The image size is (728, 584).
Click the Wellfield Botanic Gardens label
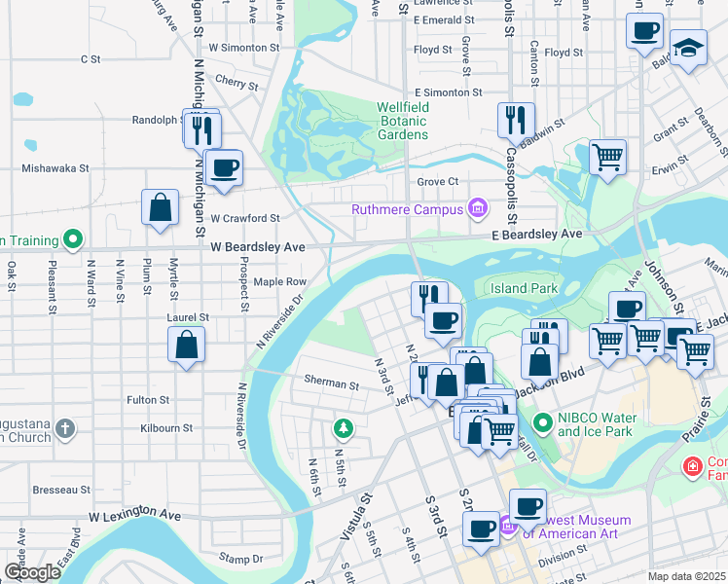coord(403,121)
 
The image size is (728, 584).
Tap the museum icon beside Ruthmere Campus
coord(477,208)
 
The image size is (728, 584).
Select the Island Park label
coord(523,288)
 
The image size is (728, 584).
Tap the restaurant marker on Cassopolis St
coord(516,121)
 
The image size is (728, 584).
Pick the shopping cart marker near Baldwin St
coord(607,156)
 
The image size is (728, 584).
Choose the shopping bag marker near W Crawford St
coord(160,207)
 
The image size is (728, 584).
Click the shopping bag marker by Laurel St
coord(186,345)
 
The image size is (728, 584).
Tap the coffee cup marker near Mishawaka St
coord(224,168)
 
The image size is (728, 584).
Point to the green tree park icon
coord(343,427)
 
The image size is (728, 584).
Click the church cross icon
coord(65,427)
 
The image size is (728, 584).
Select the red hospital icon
coord(692,467)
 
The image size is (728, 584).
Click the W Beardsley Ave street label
coord(258,248)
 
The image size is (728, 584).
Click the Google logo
coord(32,572)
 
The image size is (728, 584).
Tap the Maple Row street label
coord(280,282)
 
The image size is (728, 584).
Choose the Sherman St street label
coord(331,384)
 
